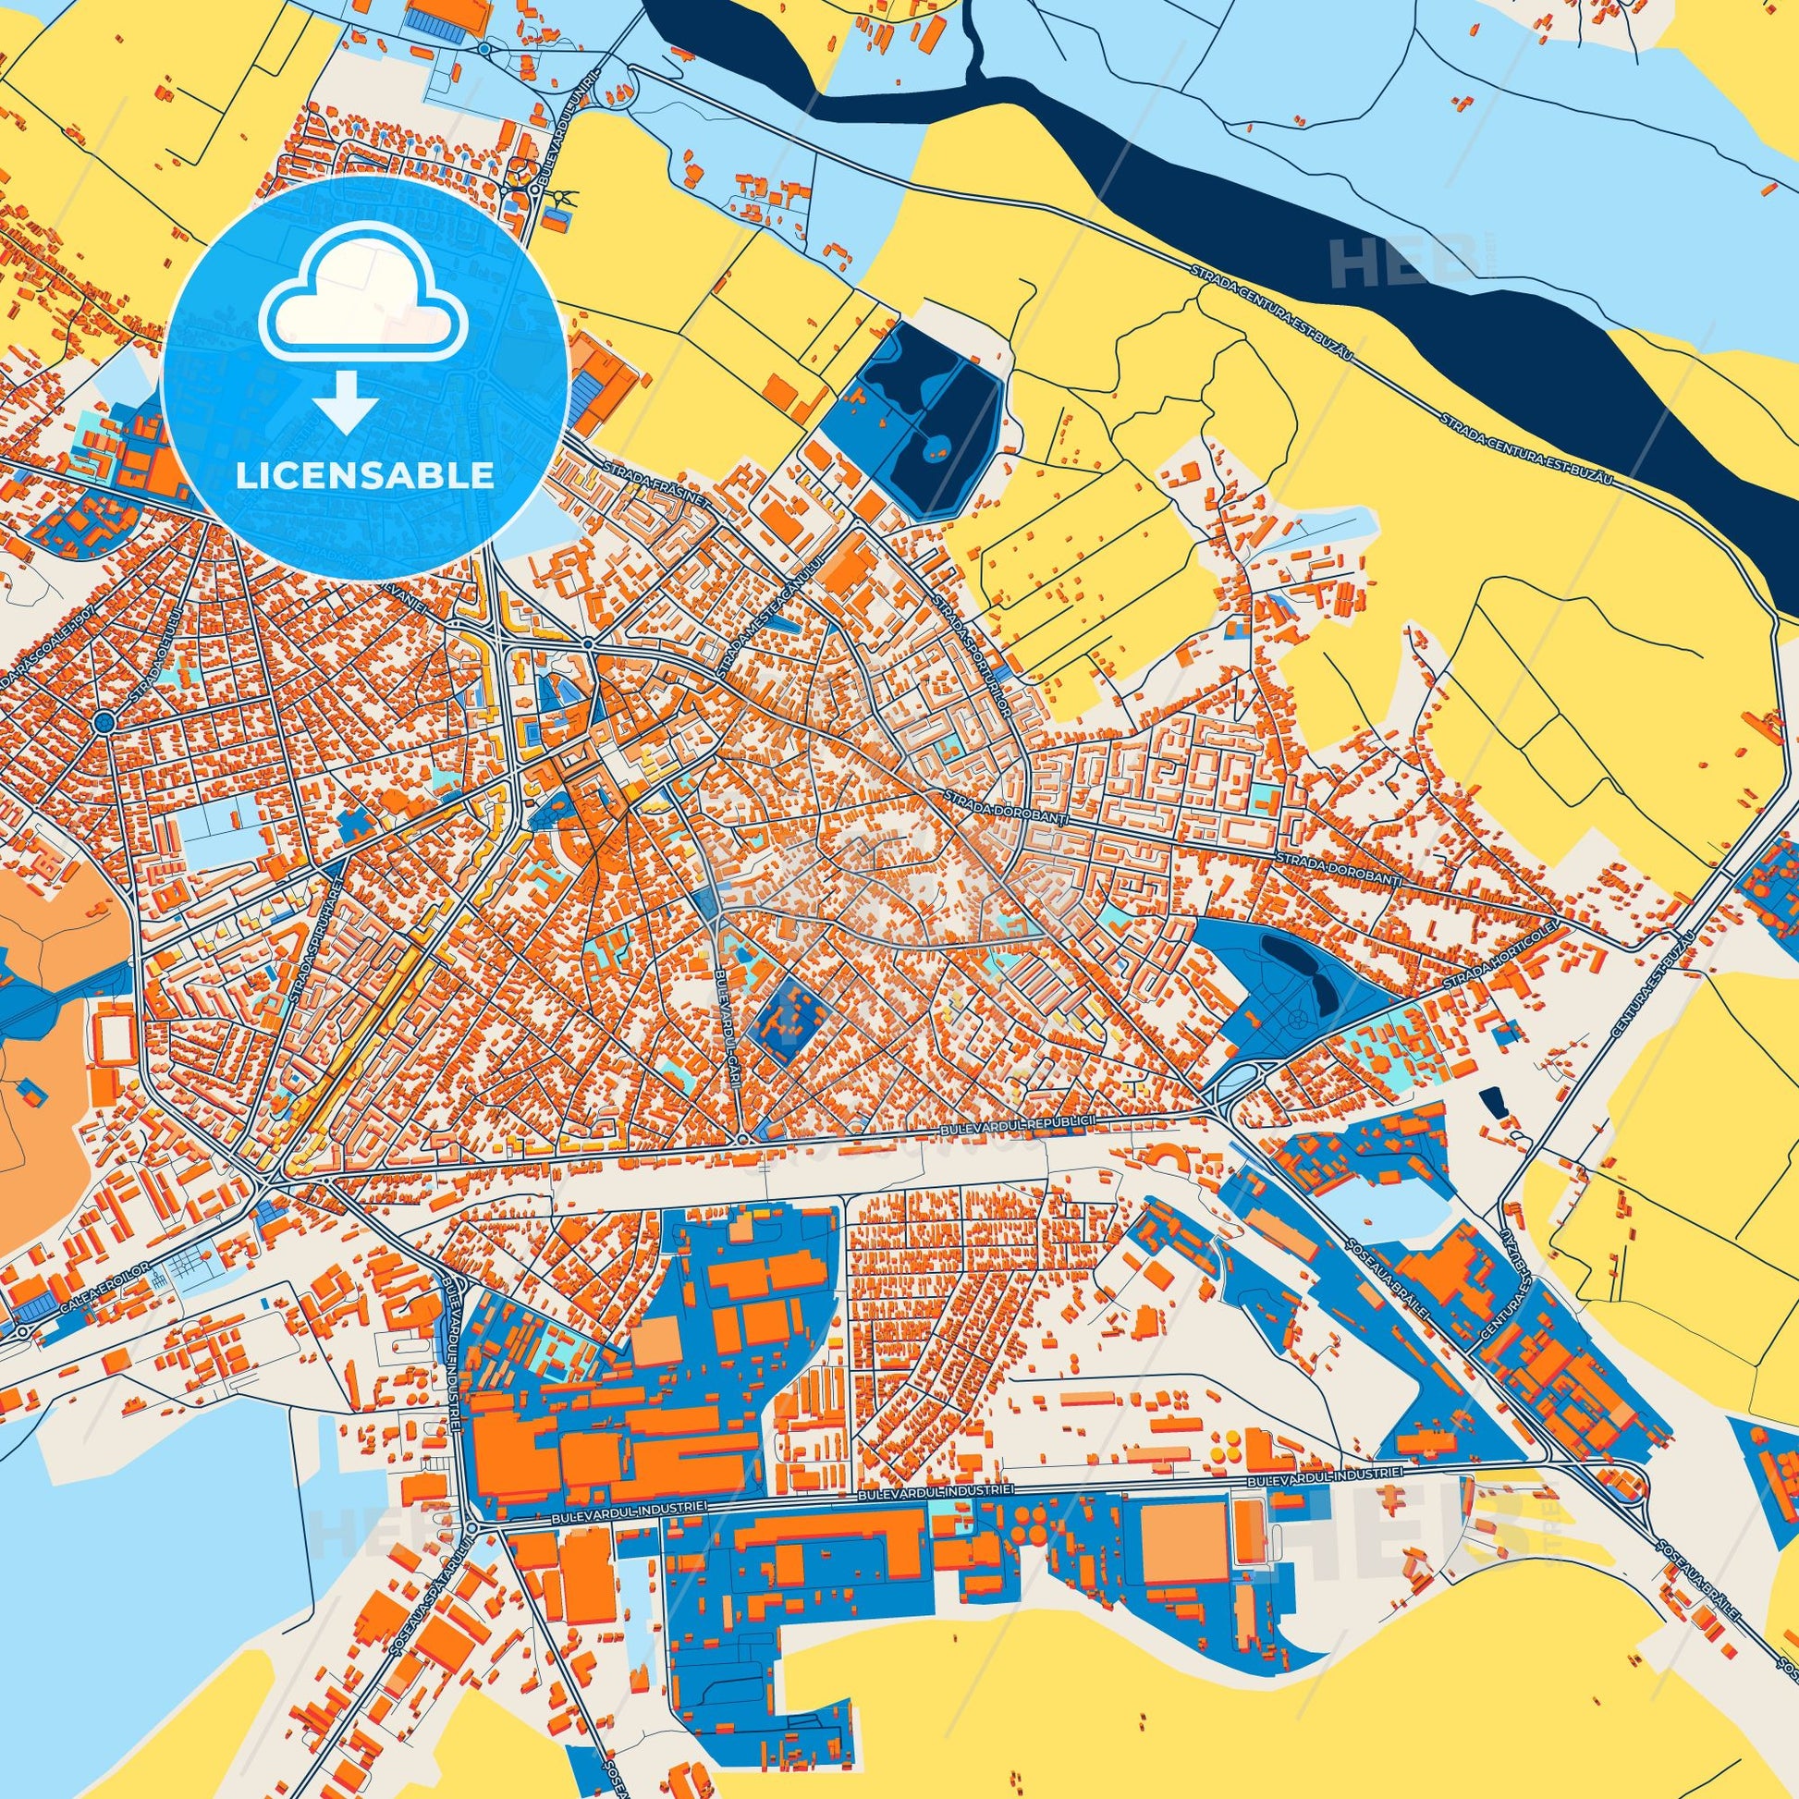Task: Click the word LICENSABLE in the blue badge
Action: pyautogui.click(x=365, y=475)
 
